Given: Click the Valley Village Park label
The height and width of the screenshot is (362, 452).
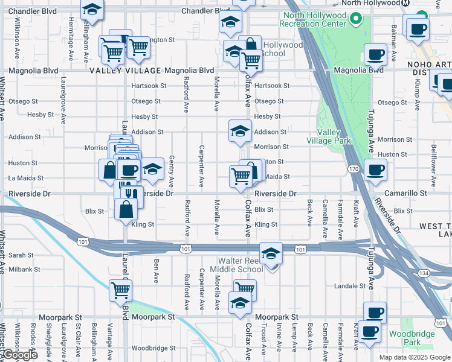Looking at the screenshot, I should point(334,136).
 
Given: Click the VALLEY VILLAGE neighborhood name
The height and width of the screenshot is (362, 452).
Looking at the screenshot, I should point(125,71).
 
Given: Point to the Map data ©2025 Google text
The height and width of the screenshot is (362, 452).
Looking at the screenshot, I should point(414,357).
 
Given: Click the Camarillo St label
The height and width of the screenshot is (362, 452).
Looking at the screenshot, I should point(407,194).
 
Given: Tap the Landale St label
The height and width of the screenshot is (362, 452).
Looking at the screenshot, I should point(346,285).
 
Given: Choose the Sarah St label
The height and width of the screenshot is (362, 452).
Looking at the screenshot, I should point(21,255).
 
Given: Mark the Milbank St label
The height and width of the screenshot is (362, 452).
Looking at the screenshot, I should point(24,269).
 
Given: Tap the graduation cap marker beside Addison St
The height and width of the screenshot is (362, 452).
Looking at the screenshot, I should point(240,131).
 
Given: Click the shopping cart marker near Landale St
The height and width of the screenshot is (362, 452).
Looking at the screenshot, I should point(245,290).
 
